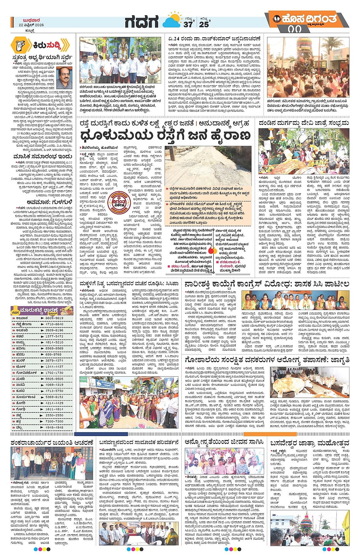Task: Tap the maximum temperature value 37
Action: point(188,24)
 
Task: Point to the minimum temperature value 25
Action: point(204,24)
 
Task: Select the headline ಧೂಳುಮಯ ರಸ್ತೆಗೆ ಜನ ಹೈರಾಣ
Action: point(165,136)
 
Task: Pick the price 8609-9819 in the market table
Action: point(54,318)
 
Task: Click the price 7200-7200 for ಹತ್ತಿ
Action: point(54,422)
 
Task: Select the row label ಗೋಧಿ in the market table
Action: point(21,409)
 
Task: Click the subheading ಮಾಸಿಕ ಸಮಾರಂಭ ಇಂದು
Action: point(37,157)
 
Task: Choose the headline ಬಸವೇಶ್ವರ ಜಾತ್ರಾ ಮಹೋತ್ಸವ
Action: point(309,443)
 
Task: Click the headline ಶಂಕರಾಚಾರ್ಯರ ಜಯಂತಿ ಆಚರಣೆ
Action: point(52,443)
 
